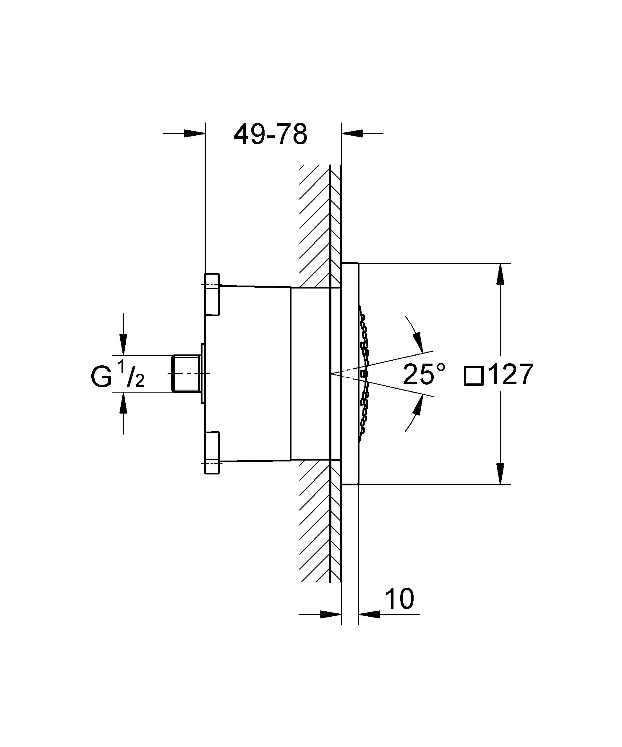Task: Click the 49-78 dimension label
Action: (270, 135)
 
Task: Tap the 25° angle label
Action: (424, 375)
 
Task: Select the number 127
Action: (511, 375)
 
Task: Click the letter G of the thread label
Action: (101, 377)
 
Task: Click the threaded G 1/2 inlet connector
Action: (185, 374)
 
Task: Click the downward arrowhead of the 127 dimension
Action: (500, 474)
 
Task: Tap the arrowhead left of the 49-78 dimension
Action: (195, 133)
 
